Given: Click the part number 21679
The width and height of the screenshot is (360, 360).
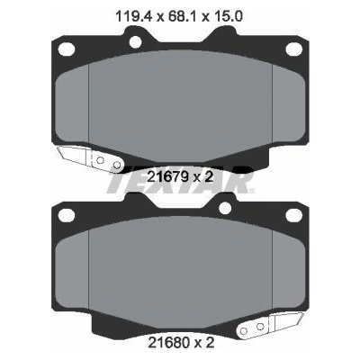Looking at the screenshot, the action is click(x=167, y=177).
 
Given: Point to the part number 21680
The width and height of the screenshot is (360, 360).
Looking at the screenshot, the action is click(x=168, y=342).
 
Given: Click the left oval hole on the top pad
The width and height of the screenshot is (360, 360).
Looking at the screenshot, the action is click(x=67, y=49).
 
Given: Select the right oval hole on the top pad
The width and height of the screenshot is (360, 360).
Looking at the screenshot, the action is click(x=293, y=49).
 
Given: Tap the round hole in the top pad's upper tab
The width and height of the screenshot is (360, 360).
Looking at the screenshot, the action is click(x=136, y=41).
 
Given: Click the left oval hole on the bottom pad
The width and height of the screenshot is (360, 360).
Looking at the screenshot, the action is click(x=67, y=215).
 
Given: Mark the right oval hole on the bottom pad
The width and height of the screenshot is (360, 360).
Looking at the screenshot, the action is click(x=293, y=215).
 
